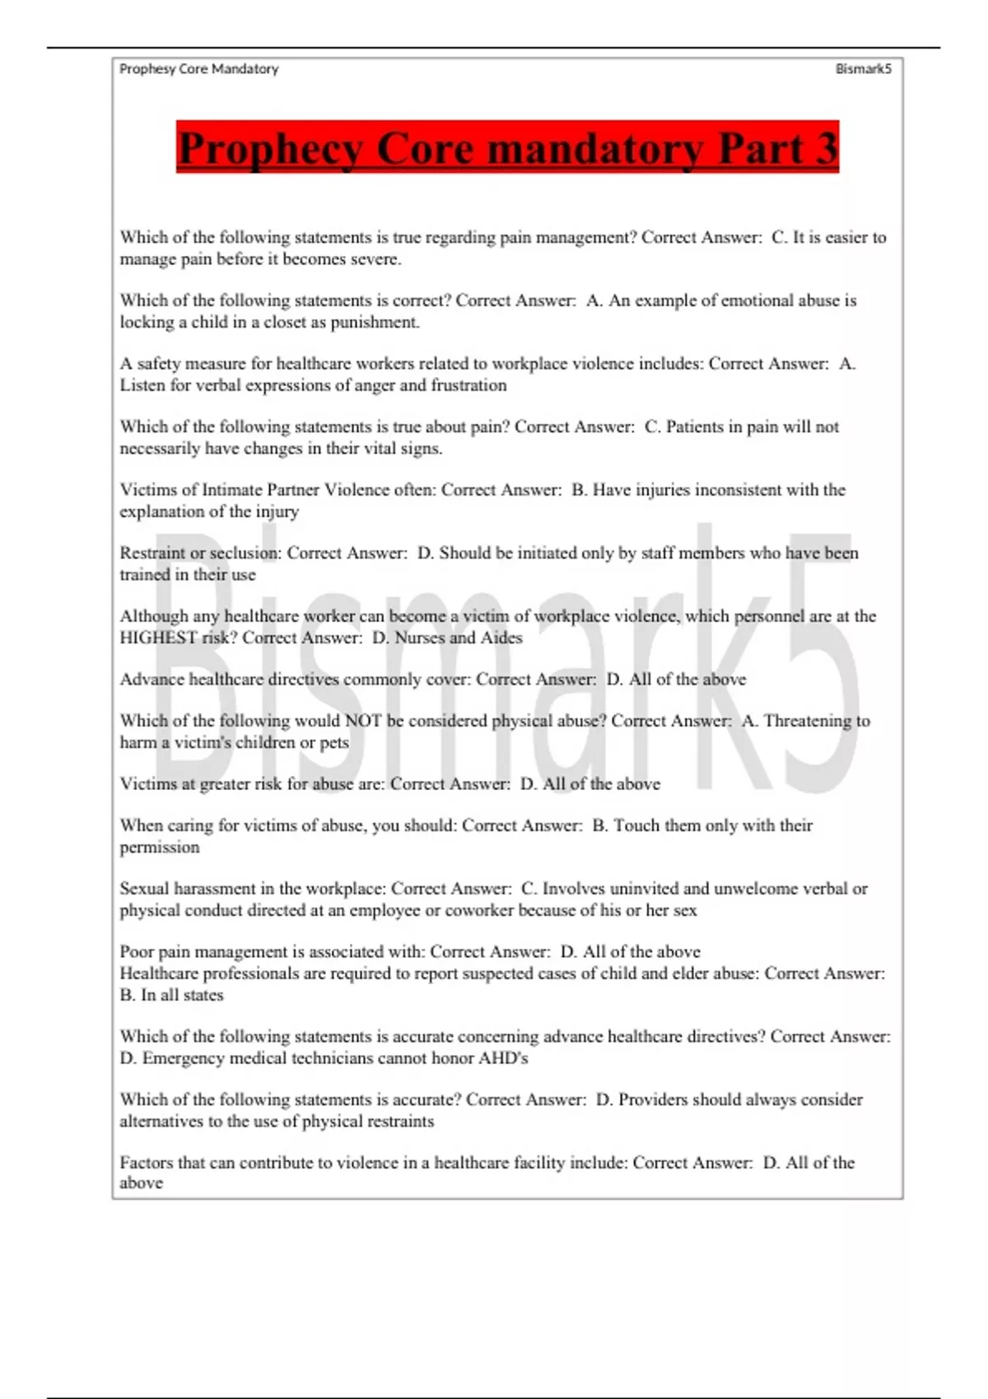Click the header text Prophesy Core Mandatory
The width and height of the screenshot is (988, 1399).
[199, 69]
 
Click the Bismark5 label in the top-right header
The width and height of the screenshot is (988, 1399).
[863, 69]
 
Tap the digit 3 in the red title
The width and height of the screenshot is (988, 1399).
[825, 148]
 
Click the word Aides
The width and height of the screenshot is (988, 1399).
[501, 638]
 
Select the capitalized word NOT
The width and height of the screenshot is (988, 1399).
[362, 721]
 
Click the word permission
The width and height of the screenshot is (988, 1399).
[160, 848]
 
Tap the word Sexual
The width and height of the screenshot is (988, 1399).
[144, 889]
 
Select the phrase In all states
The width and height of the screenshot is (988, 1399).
[182, 995]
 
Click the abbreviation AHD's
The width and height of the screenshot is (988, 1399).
[503, 1058]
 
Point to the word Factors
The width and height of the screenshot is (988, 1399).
[147, 1163]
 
